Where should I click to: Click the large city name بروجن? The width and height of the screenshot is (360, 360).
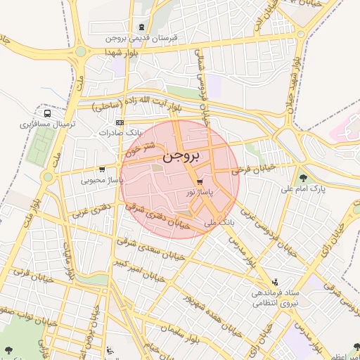[x=182, y=156]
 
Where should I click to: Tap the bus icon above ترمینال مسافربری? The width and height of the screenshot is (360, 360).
[x=47, y=112]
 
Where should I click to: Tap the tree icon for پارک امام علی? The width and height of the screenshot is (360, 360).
[x=303, y=178]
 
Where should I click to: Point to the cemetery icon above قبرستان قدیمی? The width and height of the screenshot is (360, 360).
[x=143, y=26]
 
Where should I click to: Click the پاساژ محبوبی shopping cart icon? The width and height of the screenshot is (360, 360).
[x=103, y=169]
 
